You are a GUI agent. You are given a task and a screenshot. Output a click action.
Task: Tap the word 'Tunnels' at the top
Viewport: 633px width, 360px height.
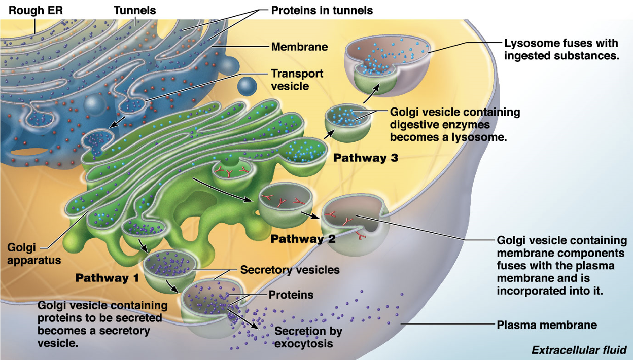pos(135,10)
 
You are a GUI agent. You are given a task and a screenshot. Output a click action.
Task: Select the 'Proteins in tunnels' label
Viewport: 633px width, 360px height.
pos(322,10)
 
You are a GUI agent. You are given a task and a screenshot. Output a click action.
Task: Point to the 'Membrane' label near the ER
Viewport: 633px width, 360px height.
pos(299,47)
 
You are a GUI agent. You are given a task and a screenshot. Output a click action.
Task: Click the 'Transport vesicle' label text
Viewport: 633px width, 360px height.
pos(297,80)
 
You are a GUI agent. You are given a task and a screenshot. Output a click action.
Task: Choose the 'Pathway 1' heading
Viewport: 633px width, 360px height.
pos(107,278)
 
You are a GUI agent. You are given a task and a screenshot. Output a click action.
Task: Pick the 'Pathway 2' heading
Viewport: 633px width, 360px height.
pos(303,239)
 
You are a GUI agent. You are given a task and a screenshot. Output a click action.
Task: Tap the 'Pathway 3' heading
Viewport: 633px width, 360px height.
pos(366,158)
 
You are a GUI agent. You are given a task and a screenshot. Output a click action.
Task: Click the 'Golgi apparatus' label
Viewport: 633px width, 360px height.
pos(34,254)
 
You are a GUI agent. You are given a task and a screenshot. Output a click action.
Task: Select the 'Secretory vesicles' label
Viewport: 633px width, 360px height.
pos(290,270)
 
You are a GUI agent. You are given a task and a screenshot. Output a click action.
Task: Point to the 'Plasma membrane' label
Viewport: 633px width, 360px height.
pos(546,325)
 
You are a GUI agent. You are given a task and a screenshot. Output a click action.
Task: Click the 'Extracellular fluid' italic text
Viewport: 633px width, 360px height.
pos(579,350)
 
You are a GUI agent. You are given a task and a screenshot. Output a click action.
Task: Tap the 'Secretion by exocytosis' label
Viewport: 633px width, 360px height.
pos(308,337)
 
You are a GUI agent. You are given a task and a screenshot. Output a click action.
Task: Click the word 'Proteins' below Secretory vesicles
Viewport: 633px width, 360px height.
pos(291,295)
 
